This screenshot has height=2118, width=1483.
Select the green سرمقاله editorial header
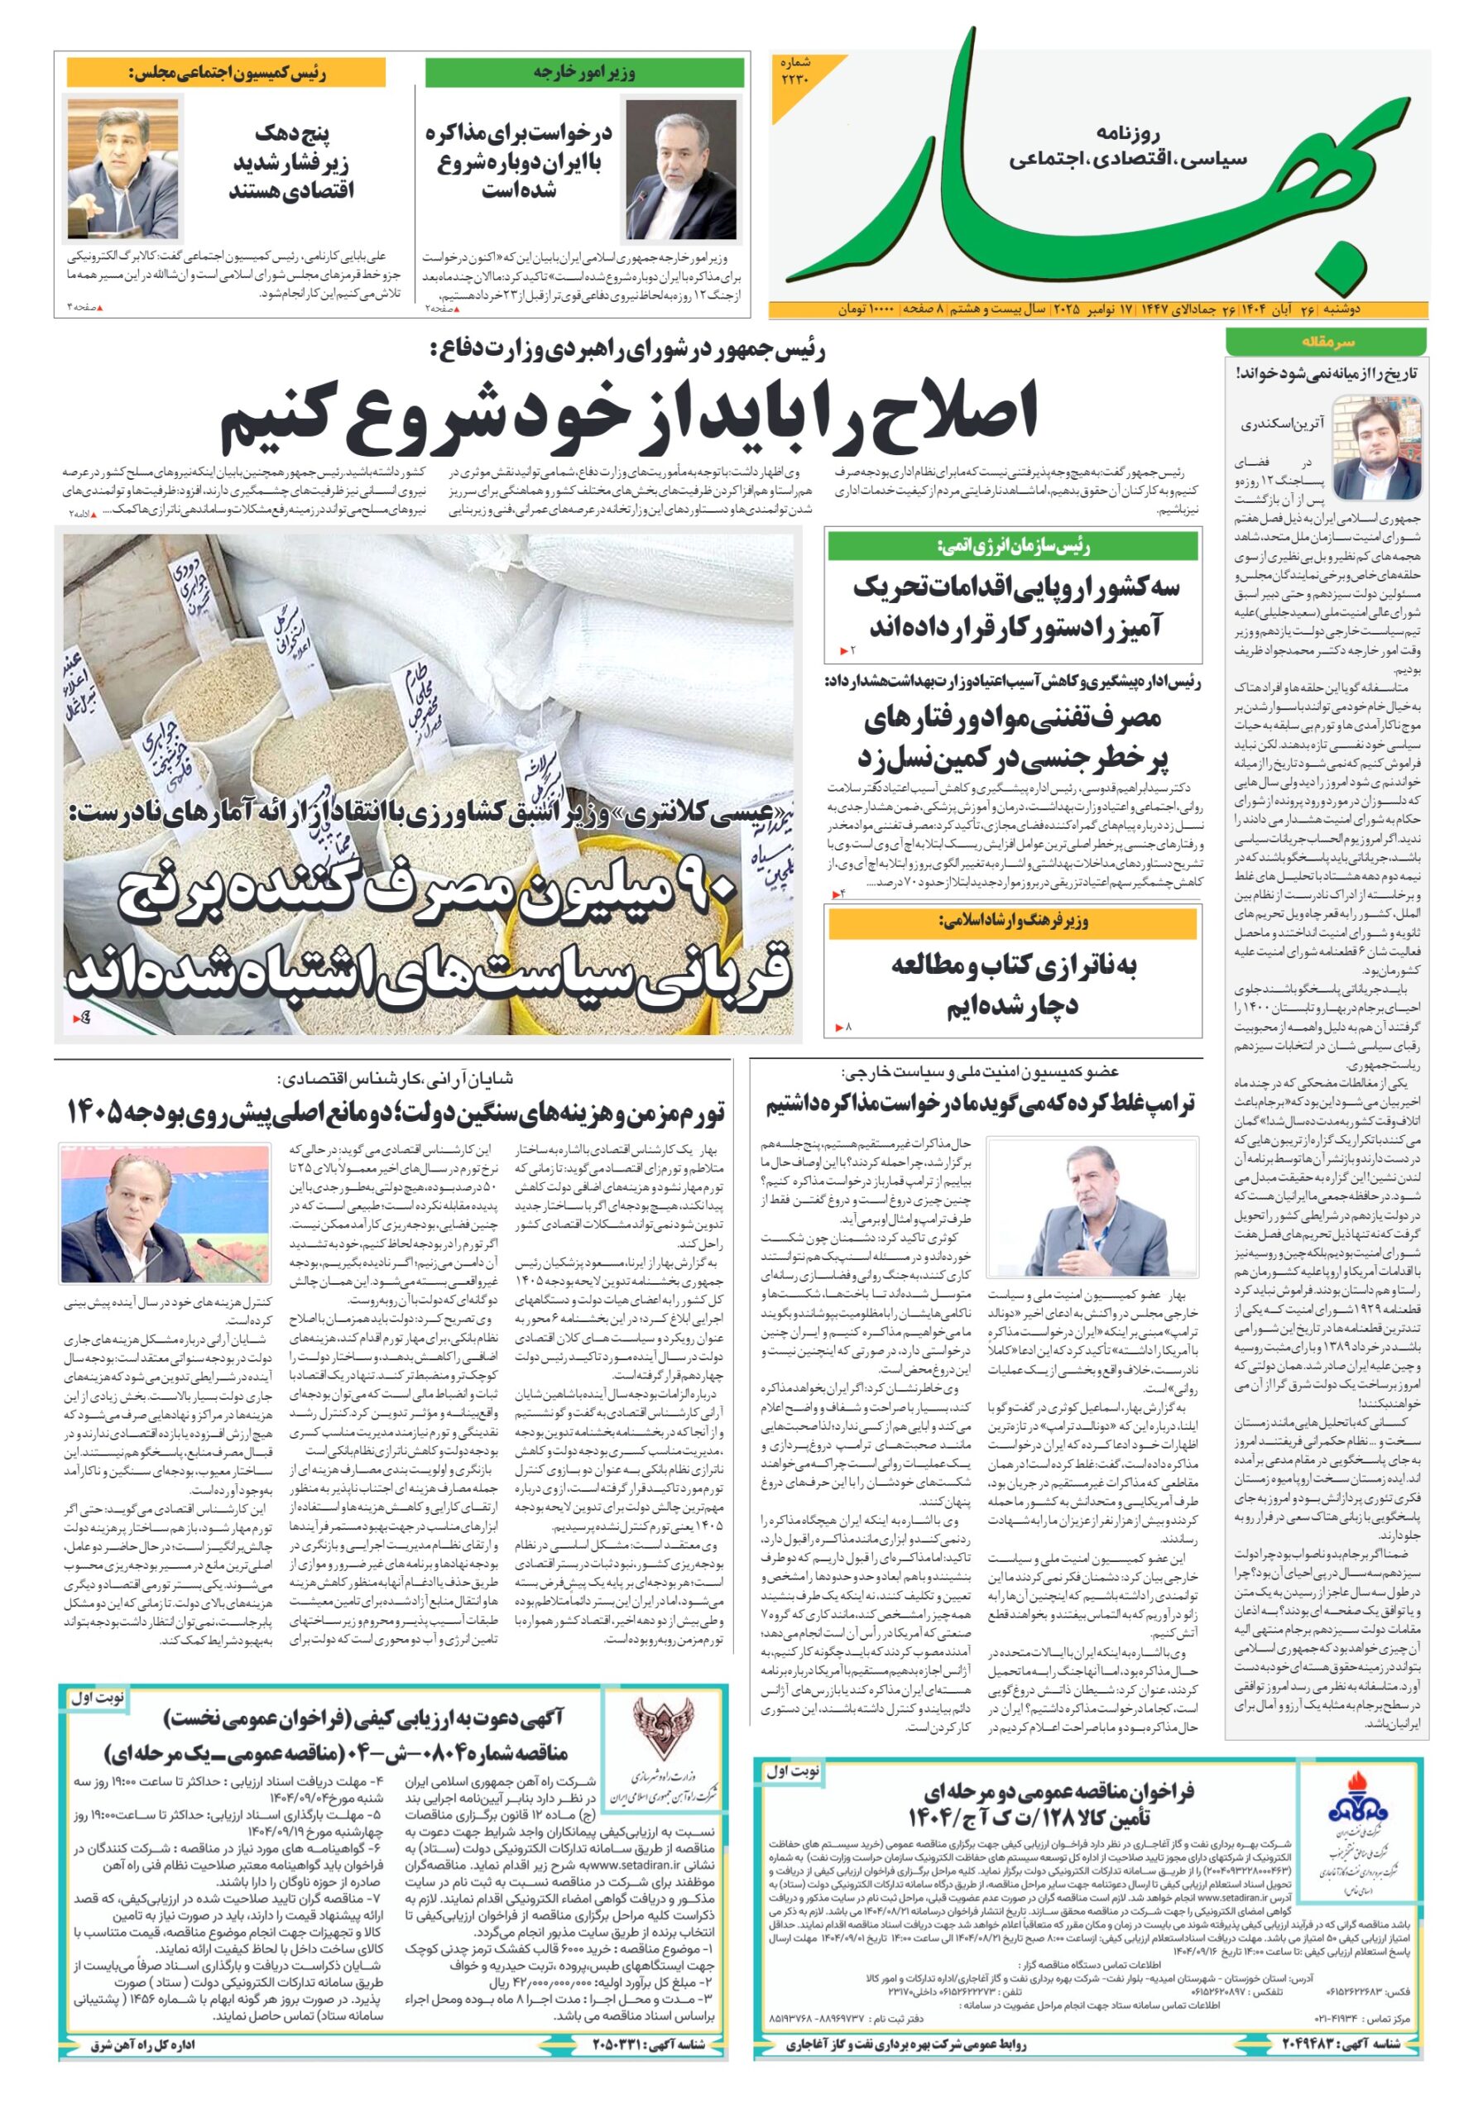[1325, 343]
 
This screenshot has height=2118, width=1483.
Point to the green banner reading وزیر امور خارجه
[584, 72]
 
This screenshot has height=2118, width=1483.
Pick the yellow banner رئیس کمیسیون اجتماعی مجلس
[226, 72]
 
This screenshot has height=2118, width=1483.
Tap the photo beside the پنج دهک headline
[122, 170]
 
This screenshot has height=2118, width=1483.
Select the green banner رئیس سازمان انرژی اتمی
[1013, 546]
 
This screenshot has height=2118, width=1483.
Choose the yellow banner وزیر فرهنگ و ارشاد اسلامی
[1013, 921]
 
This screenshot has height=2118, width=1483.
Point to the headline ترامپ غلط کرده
[979, 1105]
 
